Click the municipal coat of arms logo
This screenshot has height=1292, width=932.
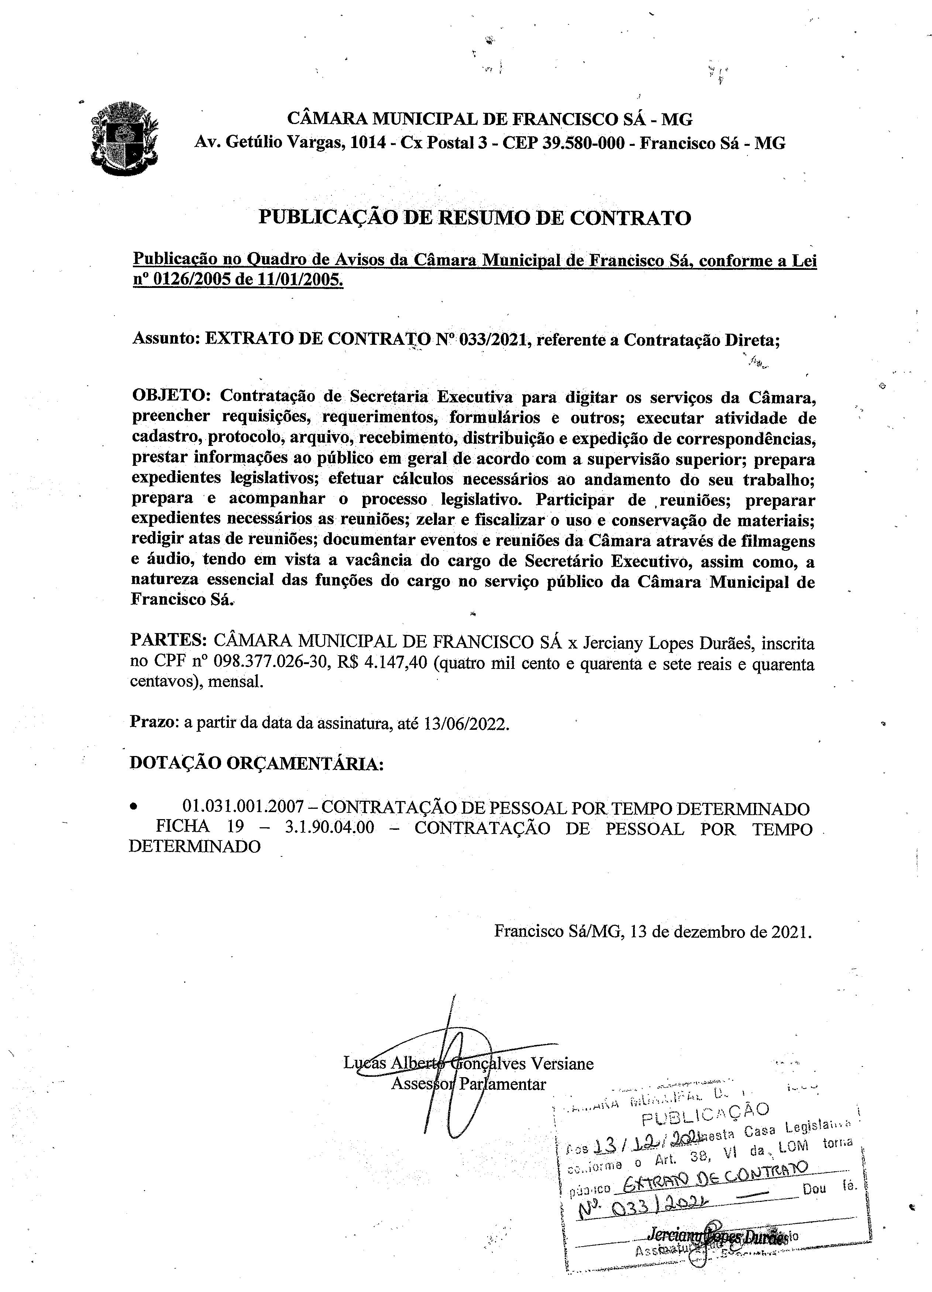tap(124, 140)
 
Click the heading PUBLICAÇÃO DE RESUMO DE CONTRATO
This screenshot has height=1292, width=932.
tap(475, 218)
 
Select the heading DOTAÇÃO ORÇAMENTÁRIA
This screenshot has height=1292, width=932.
tap(257, 763)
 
